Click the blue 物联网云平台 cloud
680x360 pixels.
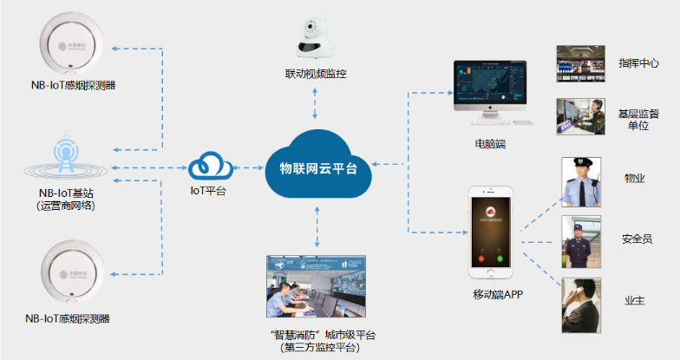[317, 166]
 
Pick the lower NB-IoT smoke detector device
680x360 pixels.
[71, 276]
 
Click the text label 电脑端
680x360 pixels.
[491, 143]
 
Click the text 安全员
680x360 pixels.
[637, 239]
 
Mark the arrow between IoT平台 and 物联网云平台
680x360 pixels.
[249, 166]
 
